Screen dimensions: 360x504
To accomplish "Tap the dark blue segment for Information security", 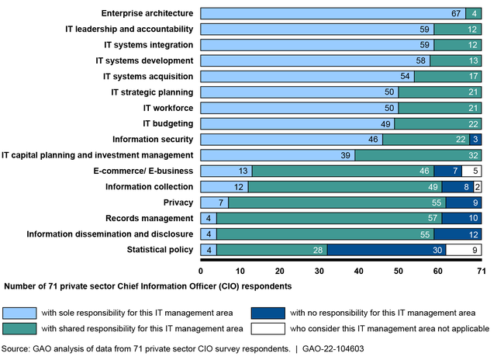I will [x=475, y=139].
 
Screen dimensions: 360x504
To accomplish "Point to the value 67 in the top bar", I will [x=457, y=13].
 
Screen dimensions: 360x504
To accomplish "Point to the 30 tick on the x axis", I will [x=319, y=270].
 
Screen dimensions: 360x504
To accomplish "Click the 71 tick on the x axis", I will [x=482, y=270].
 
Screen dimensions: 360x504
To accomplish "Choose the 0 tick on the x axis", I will [x=201, y=270].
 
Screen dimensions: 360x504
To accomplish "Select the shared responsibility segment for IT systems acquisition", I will [x=447, y=76].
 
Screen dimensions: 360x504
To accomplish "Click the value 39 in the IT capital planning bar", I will [x=345, y=155].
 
